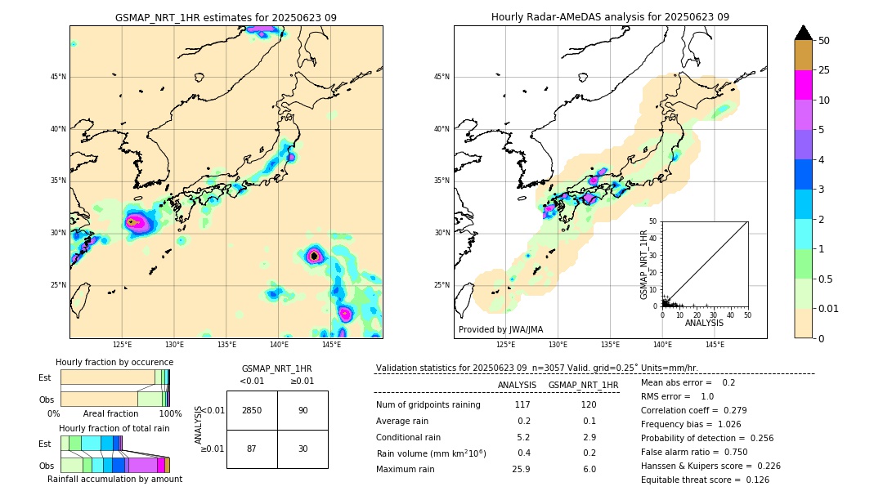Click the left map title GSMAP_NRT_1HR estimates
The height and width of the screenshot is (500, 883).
tap(226, 17)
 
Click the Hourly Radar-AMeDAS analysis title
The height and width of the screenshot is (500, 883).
tap(610, 17)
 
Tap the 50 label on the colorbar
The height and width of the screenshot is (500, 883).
tap(824, 40)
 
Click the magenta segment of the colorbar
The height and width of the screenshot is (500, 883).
tap(803, 85)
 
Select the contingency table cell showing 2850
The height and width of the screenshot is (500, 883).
tap(252, 410)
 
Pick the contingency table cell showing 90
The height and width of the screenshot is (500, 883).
tap(303, 410)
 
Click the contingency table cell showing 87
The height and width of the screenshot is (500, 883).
tap(252, 449)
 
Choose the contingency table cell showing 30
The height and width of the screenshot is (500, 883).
tap(303, 449)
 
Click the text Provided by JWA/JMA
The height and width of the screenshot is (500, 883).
tap(500, 329)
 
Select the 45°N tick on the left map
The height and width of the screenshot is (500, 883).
tap(56, 77)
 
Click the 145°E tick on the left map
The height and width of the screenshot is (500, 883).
tap(331, 345)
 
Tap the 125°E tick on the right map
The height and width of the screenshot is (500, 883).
tap(506, 345)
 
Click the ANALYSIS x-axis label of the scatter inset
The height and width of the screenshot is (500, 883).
tap(705, 323)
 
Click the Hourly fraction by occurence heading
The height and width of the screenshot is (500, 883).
tap(114, 362)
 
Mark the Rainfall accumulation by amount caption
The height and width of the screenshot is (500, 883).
tap(114, 479)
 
